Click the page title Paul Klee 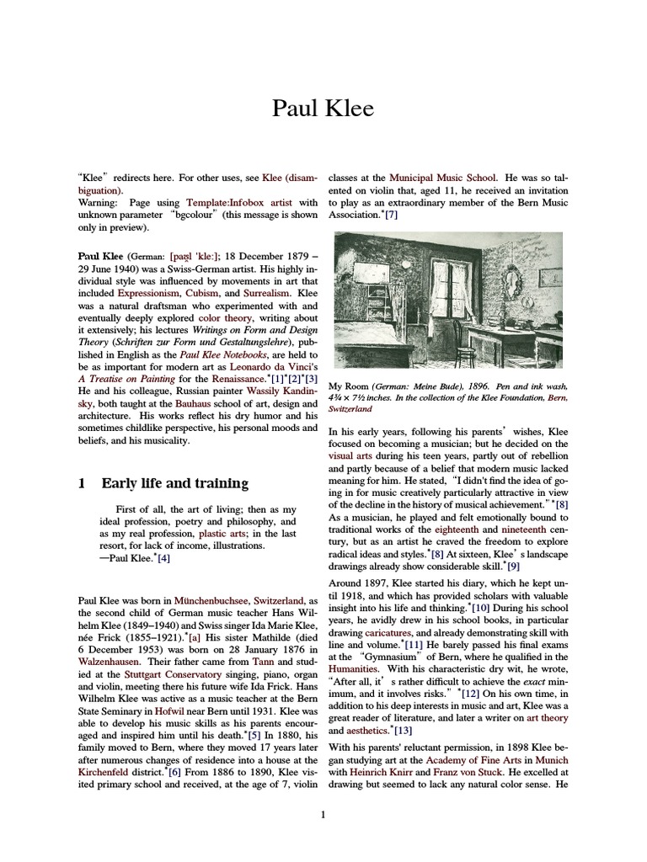click(323, 108)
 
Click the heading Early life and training click(174, 483)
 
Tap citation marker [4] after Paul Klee click(163, 558)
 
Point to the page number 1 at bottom click(323, 815)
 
